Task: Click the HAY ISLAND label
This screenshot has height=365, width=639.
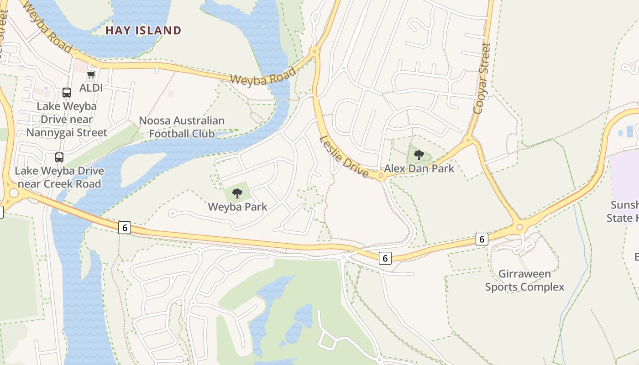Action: (143, 31)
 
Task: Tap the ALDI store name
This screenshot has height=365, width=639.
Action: (91, 88)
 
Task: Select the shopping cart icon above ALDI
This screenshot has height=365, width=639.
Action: (91, 74)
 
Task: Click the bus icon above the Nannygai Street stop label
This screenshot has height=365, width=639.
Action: (67, 93)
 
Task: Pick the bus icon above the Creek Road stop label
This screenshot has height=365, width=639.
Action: (59, 157)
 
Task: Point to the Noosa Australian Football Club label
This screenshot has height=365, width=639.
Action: (182, 127)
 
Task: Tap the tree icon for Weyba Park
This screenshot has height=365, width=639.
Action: (237, 193)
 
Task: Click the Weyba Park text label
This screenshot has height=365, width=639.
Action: (237, 207)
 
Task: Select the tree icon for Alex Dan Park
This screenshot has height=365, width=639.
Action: (419, 155)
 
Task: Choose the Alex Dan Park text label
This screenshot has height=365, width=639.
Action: (419, 168)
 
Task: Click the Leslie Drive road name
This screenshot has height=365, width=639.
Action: (344, 156)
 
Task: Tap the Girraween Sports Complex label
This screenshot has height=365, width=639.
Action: (524, 280)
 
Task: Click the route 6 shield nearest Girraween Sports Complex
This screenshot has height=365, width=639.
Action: (482, 239)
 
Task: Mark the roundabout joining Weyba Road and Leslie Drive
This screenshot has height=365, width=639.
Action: (314, 52)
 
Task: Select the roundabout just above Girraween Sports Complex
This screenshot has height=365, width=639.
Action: (519, 227)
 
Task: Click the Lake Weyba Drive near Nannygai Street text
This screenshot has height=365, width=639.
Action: (67, 120)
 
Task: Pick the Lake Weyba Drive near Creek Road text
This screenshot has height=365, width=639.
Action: (59, 177)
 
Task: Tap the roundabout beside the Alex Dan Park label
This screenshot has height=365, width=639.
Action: (381, 177)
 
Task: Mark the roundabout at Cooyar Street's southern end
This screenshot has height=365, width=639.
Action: (467, 140)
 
